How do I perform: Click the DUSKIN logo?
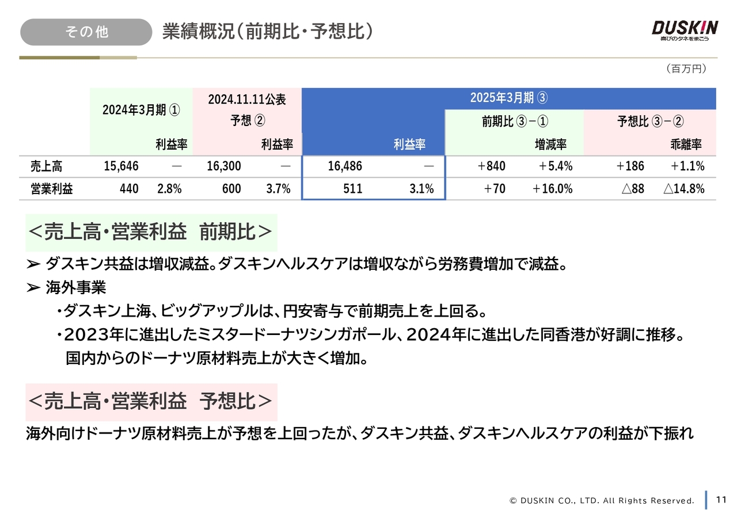685,31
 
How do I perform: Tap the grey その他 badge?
86,32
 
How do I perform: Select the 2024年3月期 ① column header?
141,110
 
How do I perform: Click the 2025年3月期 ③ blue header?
508,98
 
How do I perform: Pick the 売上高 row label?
46,167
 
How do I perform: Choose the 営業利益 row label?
52,189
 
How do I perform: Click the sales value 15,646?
121,167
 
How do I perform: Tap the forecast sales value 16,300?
223,167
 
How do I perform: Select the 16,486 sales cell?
344,167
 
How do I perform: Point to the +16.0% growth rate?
552,189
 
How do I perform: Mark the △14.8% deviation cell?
684,189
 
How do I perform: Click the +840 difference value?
491,167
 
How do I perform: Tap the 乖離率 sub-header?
686,144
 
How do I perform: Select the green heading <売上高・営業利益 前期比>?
151,233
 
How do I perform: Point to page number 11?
721,499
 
